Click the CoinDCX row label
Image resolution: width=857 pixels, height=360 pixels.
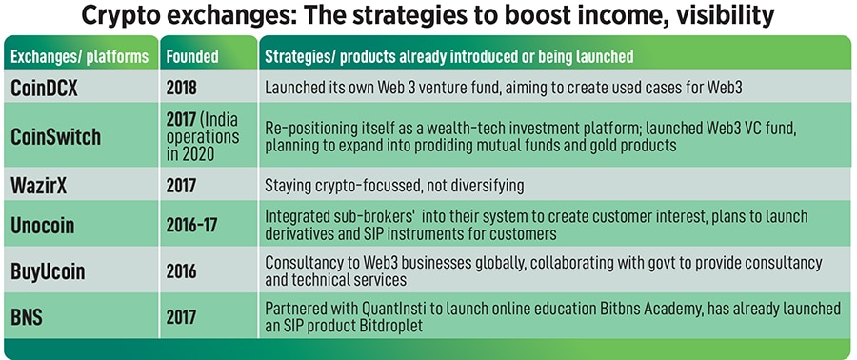(44, 89)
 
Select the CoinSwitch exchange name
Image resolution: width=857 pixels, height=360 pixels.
(56, 136)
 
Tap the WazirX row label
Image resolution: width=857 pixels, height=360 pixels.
(39, 186)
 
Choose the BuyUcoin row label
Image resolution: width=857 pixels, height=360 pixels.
(49, 271)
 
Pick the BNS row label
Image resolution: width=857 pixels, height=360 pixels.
(27, 317)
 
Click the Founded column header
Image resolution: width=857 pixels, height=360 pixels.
(191, 56)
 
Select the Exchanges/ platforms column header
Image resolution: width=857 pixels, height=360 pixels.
(79, 56)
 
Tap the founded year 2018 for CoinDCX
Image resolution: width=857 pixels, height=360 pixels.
(181, 89)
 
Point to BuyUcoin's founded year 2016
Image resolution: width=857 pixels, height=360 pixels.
(181, 271)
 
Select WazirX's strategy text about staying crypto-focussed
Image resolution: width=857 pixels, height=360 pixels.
(394, 186)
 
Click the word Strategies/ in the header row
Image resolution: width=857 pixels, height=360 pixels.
(300, 56)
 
